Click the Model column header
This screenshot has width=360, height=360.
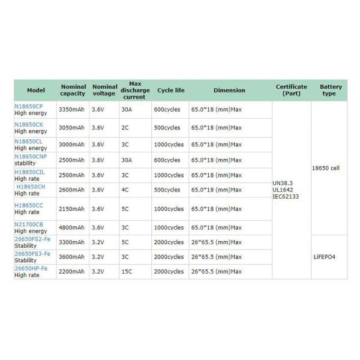pos(35,90)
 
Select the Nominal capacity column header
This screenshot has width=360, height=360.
pos(73,90)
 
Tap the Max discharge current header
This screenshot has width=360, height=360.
pos(135,90)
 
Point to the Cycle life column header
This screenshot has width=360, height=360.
pos(170,90)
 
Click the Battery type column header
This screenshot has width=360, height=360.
pos(331,90)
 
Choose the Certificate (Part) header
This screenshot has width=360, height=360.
pos(291,90)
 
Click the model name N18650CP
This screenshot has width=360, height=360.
pos(29,106)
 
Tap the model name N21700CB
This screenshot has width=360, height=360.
pos(29,224)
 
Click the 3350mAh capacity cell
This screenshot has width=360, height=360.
pos(71,110)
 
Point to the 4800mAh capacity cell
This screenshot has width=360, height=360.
pos(71,228)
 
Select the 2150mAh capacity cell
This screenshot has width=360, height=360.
pos(71,208)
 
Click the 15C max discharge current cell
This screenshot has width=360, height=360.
pos(127,272)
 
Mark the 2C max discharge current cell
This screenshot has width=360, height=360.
pos(125,128)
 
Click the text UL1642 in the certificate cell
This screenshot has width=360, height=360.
pos(284,190)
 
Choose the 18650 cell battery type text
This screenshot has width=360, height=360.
pos(326,168)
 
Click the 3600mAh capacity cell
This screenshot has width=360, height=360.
pos(71,257)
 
